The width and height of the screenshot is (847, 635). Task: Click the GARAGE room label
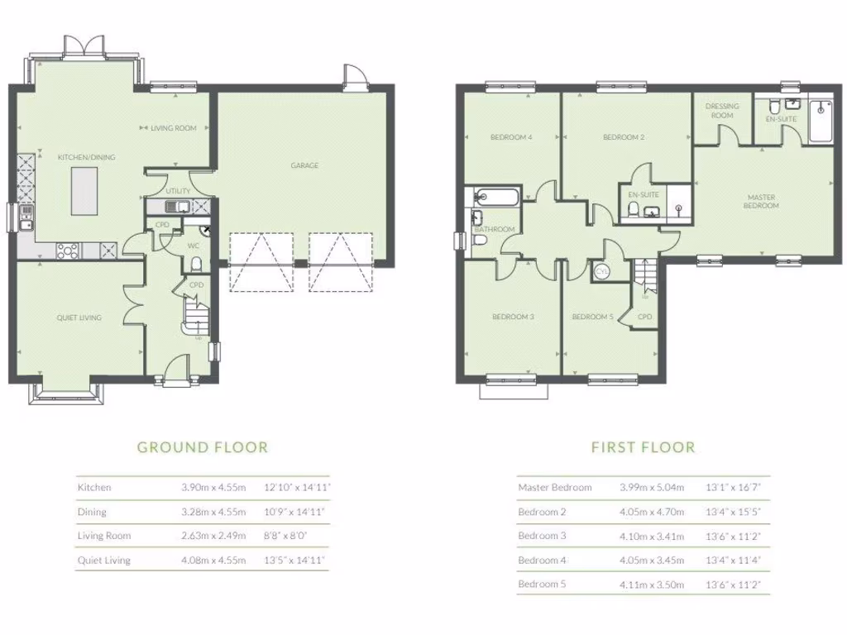pos(304,165)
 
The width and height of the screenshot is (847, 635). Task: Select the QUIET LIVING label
pos(79,317)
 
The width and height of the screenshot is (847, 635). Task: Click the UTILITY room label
pos(177,191)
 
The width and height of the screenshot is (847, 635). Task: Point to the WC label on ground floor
pos(192,246)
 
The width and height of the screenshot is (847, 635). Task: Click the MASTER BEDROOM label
pos(761,201)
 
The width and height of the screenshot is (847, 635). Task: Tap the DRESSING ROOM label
pos(722,111)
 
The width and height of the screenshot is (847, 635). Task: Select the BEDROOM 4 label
pos(510,137)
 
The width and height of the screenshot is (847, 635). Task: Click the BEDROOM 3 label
pos(513,317)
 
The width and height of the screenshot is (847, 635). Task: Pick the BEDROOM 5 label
pos(593,317)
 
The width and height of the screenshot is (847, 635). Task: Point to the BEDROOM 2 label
pos(624,137)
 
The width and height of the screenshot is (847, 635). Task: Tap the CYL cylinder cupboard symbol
pos(601,271)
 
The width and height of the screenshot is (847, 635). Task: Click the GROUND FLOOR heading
pos(203,447)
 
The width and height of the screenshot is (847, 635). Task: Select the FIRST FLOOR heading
pos(643,447)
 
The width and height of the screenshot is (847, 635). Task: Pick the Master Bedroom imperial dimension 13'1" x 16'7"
pos(733,488)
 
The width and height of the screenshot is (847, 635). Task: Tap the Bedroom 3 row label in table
pos(543,536)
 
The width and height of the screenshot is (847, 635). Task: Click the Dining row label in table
pos(93,512)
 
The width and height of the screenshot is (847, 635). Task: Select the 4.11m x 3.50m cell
pos(653,585)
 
